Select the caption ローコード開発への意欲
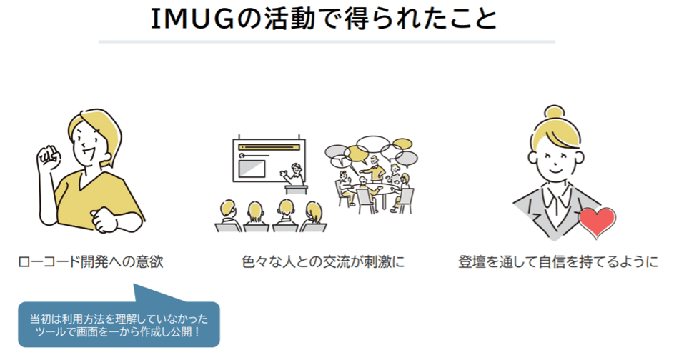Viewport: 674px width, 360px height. tap(91, 262)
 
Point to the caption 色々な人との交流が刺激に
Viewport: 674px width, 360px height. tap(322, 262)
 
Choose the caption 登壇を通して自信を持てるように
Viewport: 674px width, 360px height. tap(557, 262)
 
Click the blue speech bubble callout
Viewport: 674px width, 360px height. tap(118, 324)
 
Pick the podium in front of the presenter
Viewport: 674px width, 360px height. tap(294, 190)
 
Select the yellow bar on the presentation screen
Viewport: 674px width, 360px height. tap(271, 152)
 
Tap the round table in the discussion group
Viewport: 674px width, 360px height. tap(372, 187)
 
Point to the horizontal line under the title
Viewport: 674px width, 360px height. tap(326, 42)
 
